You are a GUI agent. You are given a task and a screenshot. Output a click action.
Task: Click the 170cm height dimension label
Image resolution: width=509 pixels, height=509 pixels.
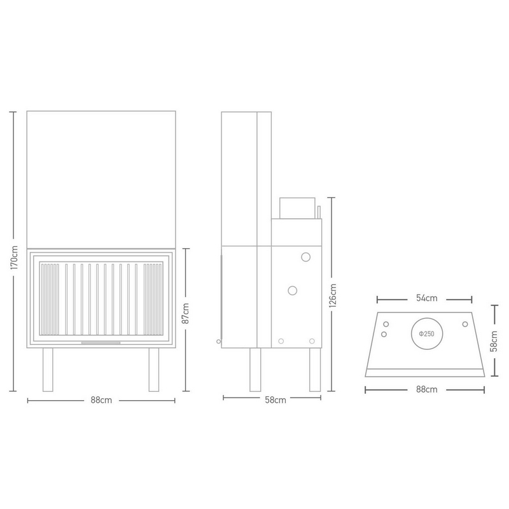click(13, 258)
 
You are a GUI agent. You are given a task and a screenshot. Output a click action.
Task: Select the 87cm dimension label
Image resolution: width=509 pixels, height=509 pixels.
click(185, 313)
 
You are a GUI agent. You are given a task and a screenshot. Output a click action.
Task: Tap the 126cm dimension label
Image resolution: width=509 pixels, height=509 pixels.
click(332, 295)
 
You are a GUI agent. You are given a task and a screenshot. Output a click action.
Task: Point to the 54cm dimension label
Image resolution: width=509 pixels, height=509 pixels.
click(426, 298)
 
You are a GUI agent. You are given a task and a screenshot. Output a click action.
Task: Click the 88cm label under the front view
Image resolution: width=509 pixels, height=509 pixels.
click(101, 400)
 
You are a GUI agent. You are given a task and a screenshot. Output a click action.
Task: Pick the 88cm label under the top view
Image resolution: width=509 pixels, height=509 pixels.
click(426, 389)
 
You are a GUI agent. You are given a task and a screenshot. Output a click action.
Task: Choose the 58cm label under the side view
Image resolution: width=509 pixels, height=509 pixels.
click(275, 400)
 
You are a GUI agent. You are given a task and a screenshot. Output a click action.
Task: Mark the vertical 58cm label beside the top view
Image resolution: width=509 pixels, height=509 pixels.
click(494, 341)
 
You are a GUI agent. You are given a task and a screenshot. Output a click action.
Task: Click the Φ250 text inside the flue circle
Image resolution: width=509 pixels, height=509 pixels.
click(426, 333)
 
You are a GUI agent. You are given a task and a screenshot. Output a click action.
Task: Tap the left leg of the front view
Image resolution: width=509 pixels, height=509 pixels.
click(48, 370)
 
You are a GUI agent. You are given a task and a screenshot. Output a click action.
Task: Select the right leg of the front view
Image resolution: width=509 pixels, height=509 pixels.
click(154, 370)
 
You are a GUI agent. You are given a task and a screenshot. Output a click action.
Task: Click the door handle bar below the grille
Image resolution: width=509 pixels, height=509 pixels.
click(101, 342)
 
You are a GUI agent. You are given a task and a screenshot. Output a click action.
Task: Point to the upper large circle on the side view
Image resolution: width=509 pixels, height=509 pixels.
click(306, 257)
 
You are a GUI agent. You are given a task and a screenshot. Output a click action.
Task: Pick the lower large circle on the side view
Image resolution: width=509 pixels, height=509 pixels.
click(293, 291)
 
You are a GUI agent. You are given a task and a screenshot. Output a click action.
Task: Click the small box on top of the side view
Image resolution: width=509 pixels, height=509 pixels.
click(297, 208)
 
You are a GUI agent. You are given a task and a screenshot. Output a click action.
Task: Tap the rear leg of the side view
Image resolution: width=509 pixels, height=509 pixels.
click(315, 370)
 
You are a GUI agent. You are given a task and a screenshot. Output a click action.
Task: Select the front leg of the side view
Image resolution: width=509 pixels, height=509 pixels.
click(255, 370)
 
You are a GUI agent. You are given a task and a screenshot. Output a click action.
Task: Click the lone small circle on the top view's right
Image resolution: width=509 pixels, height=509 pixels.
click(465, 324)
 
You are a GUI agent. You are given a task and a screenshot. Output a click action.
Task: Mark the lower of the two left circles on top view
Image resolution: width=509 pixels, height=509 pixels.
click(384, 334)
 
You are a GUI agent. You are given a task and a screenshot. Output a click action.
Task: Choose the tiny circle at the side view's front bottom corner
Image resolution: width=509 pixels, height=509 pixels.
click(218, 342)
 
